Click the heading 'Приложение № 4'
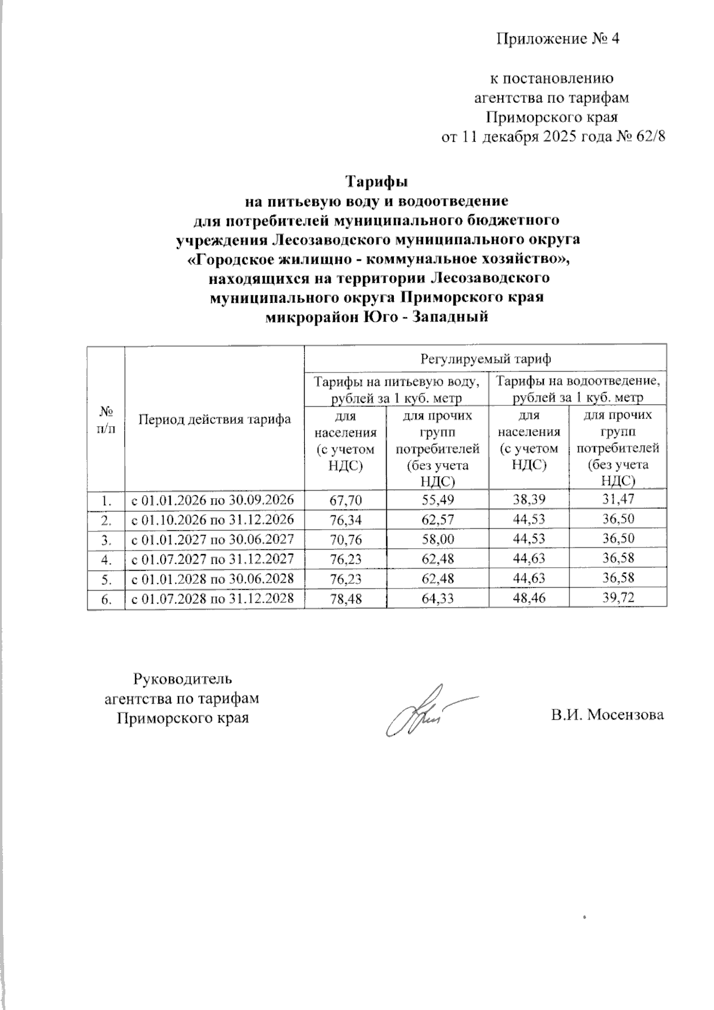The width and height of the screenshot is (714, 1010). [x=558, y=40]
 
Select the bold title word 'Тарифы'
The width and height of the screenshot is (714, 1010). [x=376, y=181]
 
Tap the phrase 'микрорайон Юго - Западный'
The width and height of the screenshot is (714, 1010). [x=376, y=317]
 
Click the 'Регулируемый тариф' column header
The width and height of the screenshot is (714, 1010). [x=485, y=358]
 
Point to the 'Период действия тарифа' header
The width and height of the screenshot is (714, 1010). [x=214, y=419]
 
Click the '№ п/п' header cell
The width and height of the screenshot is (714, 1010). [x=106, y=419]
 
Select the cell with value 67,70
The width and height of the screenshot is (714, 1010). [x=345, y=500]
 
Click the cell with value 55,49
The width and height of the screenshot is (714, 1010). [x=437, y=500]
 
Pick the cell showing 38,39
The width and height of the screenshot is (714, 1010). [x=528, y=500]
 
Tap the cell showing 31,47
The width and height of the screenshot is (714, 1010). [x=618, y=500]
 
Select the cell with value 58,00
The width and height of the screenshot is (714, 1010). [x=437, y=539]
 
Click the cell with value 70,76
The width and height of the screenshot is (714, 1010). [x=345, y=539]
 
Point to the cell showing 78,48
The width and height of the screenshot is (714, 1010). [x=345, y=598]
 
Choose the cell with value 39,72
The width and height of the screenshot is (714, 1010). [x=618, y=598]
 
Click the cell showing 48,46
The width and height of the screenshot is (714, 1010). [x=528, y=598]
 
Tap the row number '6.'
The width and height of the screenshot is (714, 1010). [x=106, y=599]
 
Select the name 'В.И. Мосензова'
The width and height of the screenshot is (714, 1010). [x=606, y=715]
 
